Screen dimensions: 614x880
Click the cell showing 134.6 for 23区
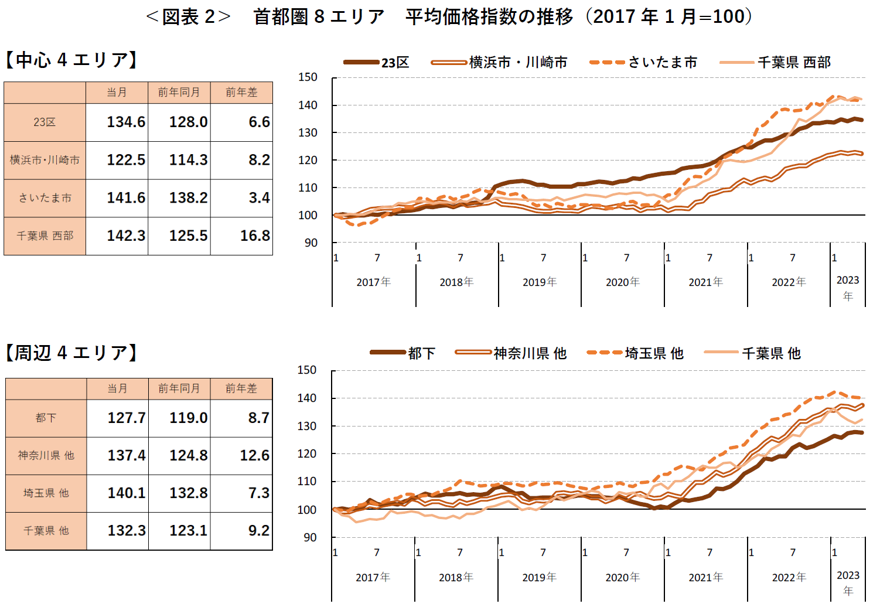pos(125,122)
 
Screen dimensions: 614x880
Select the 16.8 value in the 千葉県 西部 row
pos(255,236)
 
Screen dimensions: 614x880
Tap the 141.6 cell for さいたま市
pos(125,198)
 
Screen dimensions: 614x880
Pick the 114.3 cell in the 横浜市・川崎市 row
pos(188,160)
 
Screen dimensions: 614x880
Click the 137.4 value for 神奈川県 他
pos(126,455)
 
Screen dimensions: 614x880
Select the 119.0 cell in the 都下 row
pos(188,418)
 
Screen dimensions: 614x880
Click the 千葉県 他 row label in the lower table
pos(46,531)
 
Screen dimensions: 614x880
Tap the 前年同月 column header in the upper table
pos(179,93)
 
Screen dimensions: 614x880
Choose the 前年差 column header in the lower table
pos(241,388)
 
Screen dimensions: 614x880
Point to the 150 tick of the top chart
pos(308,77)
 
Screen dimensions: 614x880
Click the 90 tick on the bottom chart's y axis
pos(309,537)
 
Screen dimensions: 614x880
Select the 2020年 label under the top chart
pos(622,282)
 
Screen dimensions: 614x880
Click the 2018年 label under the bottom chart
pos(456,577)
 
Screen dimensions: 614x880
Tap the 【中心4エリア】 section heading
pos(71,60)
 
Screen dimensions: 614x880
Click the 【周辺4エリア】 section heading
pos(71,353)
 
